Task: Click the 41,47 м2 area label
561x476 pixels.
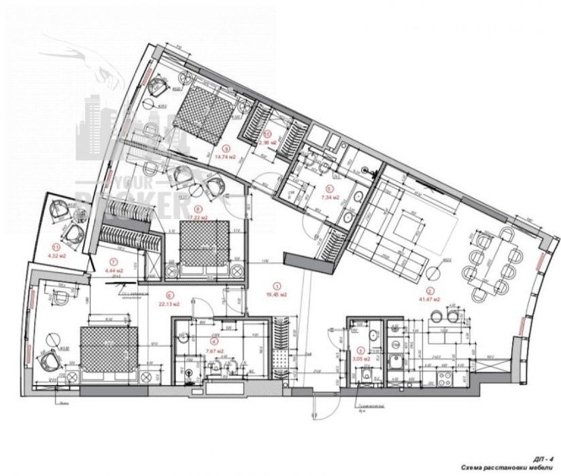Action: [x=424, y=299]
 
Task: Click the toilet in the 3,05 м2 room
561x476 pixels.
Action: [x=367, y=377]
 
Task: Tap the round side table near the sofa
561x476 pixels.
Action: [x=433, y=273]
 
